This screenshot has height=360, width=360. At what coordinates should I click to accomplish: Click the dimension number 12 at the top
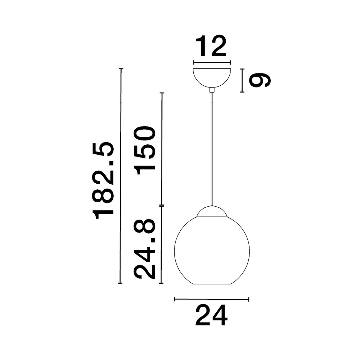[211, 46]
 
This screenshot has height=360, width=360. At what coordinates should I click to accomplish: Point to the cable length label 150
[145, 150]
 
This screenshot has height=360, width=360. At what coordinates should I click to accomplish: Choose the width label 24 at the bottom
[211, 315]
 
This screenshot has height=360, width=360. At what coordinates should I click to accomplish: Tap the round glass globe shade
[212, 252]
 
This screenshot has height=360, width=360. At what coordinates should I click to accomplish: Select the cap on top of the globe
[212, 212]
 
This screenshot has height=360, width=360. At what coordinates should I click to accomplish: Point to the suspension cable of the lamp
[212, 148]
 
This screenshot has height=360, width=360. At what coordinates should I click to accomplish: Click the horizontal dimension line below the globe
[212, 299]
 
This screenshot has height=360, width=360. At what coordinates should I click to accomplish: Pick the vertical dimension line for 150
[162, 149]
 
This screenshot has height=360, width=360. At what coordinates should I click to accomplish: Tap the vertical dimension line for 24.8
[162, 245]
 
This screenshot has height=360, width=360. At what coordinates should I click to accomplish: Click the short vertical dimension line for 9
[242, 80]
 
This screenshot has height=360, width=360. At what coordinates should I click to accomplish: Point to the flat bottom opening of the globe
[212, 284]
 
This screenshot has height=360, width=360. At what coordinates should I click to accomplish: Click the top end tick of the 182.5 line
[121, 68]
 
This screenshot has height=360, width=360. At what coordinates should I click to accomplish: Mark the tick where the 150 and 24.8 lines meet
[162, 206]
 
